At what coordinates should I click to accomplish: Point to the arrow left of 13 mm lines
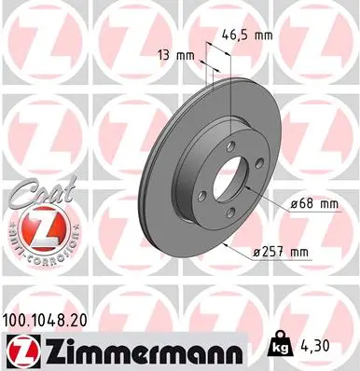(206, 68)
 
